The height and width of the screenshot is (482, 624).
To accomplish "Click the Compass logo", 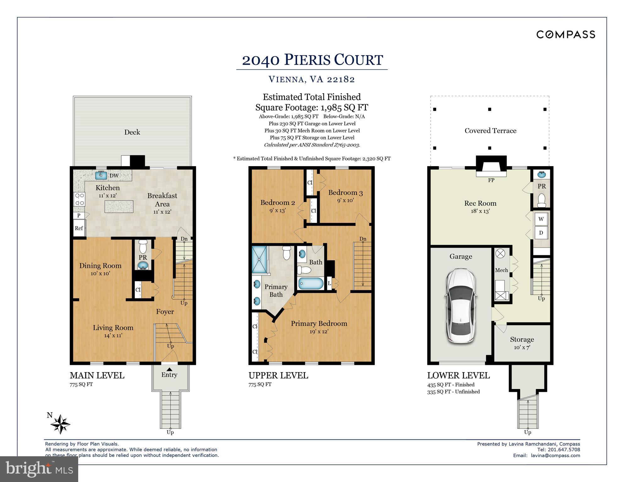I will click(565, 34).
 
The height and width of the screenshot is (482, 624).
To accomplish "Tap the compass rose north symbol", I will click(60, 424).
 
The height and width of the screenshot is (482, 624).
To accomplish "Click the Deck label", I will click(132, 132).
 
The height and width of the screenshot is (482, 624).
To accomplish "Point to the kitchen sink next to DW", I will click(101, 175).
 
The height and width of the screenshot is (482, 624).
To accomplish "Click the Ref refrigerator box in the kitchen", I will click(79, 228).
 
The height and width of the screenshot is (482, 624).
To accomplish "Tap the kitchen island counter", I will click(119, 207).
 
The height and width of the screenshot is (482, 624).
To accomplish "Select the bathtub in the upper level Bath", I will click(311, 284).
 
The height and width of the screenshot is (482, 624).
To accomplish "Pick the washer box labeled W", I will click(541, 219).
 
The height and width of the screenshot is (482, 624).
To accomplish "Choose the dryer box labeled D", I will click(541, 233).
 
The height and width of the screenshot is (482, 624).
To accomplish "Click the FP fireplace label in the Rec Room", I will click(491, 180).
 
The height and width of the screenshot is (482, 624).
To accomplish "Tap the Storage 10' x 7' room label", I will click(522, 343).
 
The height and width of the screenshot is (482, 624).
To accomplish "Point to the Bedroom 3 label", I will click(345, 193).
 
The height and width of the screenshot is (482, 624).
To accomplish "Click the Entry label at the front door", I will click(169, 375).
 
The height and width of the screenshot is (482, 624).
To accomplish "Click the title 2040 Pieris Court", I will click(312, 60).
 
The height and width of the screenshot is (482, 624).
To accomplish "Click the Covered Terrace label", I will click(490, 131).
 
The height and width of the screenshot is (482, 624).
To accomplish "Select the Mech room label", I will click(501, 270).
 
